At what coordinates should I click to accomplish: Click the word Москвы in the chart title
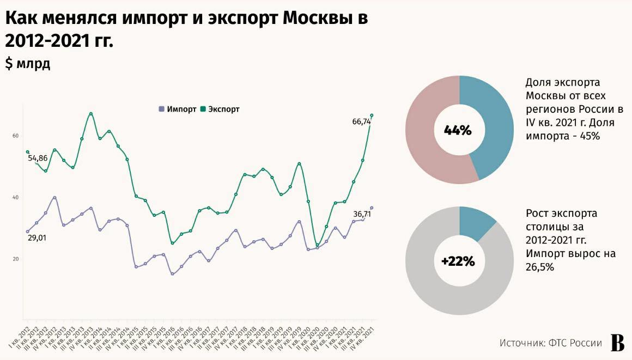pos(318,17)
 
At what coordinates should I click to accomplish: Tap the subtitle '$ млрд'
pos(28,64)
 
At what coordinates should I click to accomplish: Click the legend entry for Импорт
pos(178,109)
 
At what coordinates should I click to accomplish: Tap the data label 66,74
pos(362,122)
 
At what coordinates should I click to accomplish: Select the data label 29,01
pos(37,237)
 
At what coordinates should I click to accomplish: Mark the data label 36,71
pos(362,213)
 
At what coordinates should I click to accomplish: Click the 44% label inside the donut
pos(458,131)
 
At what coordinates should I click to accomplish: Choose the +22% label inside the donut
pos(458,261)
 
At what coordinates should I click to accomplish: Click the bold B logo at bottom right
pos(617,343)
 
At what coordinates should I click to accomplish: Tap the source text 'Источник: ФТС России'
pos(551,343)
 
